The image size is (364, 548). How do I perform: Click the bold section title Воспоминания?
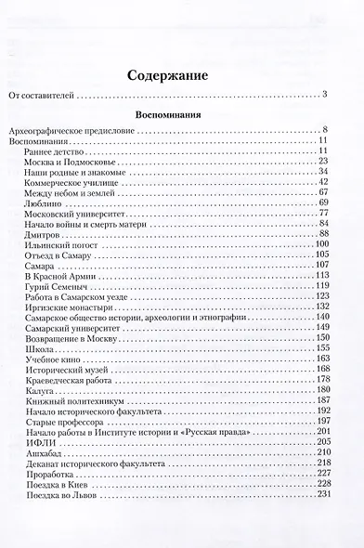coord(182,117)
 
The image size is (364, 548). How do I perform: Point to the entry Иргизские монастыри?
coord(62,310)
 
